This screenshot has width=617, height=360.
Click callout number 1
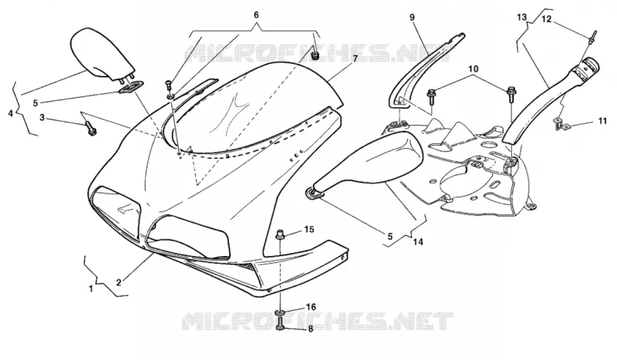point(91,289)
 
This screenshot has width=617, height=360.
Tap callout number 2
point(119,282)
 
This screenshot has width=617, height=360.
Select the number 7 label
point(355,59)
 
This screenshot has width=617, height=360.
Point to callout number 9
point(412,17)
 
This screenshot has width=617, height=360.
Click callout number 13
point(521,17)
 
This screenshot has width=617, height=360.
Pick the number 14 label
point(418,242)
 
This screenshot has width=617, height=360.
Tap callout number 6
point(256,15)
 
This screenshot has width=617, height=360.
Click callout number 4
point(11,113)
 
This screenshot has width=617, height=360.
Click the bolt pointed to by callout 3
point(90,129)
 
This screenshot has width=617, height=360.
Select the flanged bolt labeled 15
point(281,234)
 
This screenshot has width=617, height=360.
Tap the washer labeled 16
point(280,313)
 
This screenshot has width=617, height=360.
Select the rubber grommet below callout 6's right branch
point(315,56)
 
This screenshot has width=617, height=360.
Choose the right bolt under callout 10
point(511,93)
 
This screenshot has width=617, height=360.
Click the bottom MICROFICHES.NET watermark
point(317,321)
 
